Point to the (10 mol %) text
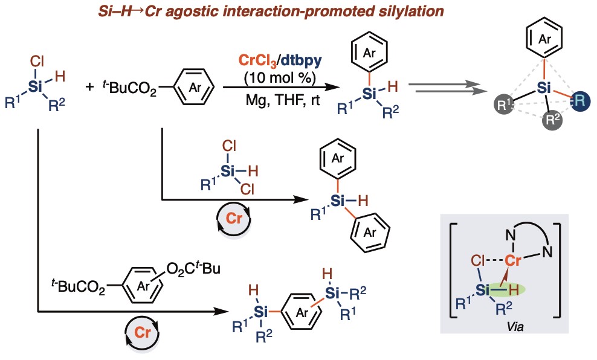[x=282, y=77]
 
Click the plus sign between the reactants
[x=89, y=87]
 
